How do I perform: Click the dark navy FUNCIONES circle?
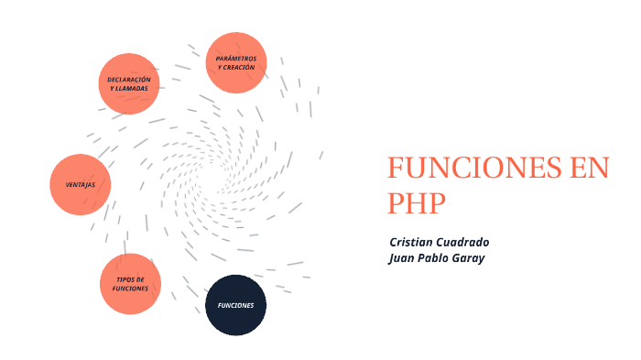point(235,305)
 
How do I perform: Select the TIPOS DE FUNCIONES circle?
point(130,284)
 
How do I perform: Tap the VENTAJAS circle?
point(81,185)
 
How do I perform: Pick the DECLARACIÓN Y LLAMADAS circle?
point(129,83)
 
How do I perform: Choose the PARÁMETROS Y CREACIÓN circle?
point(236,62)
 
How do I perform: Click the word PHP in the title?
point(415,202)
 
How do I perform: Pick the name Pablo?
point(440,258)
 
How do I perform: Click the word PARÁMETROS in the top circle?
point(236,58)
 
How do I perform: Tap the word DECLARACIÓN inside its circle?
point(128,79)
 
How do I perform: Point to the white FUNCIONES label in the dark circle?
point(235,305)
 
